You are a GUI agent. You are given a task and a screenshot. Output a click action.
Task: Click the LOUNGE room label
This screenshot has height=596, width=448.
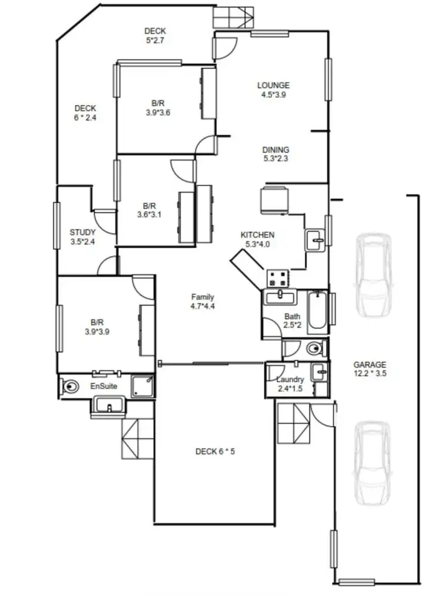(274, 89)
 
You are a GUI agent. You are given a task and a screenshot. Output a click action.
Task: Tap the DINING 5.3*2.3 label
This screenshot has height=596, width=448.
(275, 154)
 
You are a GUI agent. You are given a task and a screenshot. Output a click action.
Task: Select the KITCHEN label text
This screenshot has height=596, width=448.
(257, 239)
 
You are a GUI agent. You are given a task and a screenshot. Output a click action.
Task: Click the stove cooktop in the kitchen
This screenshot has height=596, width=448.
(278, 277)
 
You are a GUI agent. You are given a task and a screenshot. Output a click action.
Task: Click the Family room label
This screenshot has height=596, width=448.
(202, 301)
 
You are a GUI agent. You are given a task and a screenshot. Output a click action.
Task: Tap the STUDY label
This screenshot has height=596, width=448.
(82, 237)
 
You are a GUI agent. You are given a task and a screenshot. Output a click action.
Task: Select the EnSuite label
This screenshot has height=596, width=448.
(103, 387)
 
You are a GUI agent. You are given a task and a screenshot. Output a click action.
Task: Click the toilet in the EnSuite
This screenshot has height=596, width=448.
(71, 386)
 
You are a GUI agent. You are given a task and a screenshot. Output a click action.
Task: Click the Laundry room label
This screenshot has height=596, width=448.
(290, 384)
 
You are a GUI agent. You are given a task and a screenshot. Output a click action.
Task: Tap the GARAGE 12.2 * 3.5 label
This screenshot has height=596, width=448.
(370, 369)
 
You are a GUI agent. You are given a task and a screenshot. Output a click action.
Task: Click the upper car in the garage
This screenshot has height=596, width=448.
(372, 274)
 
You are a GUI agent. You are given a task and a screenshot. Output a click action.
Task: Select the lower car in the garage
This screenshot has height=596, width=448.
(372, 463)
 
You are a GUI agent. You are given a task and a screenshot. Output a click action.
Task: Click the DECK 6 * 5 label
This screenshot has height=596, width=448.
(215, 451)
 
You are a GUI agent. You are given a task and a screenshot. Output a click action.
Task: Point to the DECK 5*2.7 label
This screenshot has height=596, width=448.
(155, 36)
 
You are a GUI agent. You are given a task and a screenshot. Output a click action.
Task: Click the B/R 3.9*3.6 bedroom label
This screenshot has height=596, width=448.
(158, 107)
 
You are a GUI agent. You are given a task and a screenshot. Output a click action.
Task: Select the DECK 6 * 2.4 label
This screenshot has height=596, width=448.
(85, 113)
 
